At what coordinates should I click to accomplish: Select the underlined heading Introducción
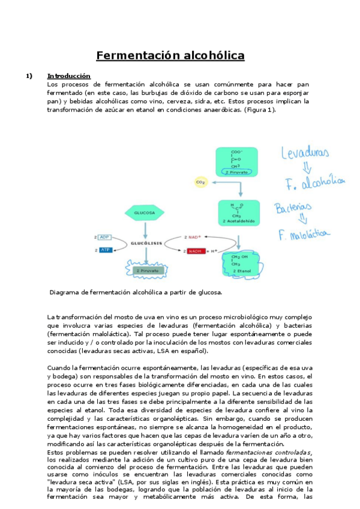(68, 76)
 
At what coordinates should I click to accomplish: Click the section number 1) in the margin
(28, 76)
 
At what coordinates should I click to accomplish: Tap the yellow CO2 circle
(201, 181)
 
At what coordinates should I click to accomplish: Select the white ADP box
(105, 237)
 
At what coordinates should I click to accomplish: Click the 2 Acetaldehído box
(239, 213)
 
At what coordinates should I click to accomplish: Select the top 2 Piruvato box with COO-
(239, 161)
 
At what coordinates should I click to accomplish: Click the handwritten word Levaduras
(306, 154)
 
